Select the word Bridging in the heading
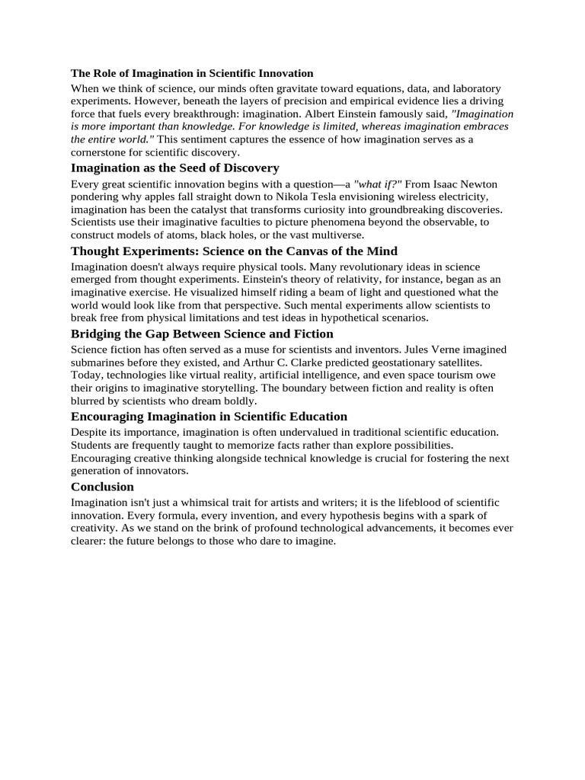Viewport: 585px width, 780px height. [x=96, y=334]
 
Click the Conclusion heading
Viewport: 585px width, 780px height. [x=102, y=487]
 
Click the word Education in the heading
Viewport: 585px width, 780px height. [x=316, y=417]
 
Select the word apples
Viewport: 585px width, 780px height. [x=161, y=197]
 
